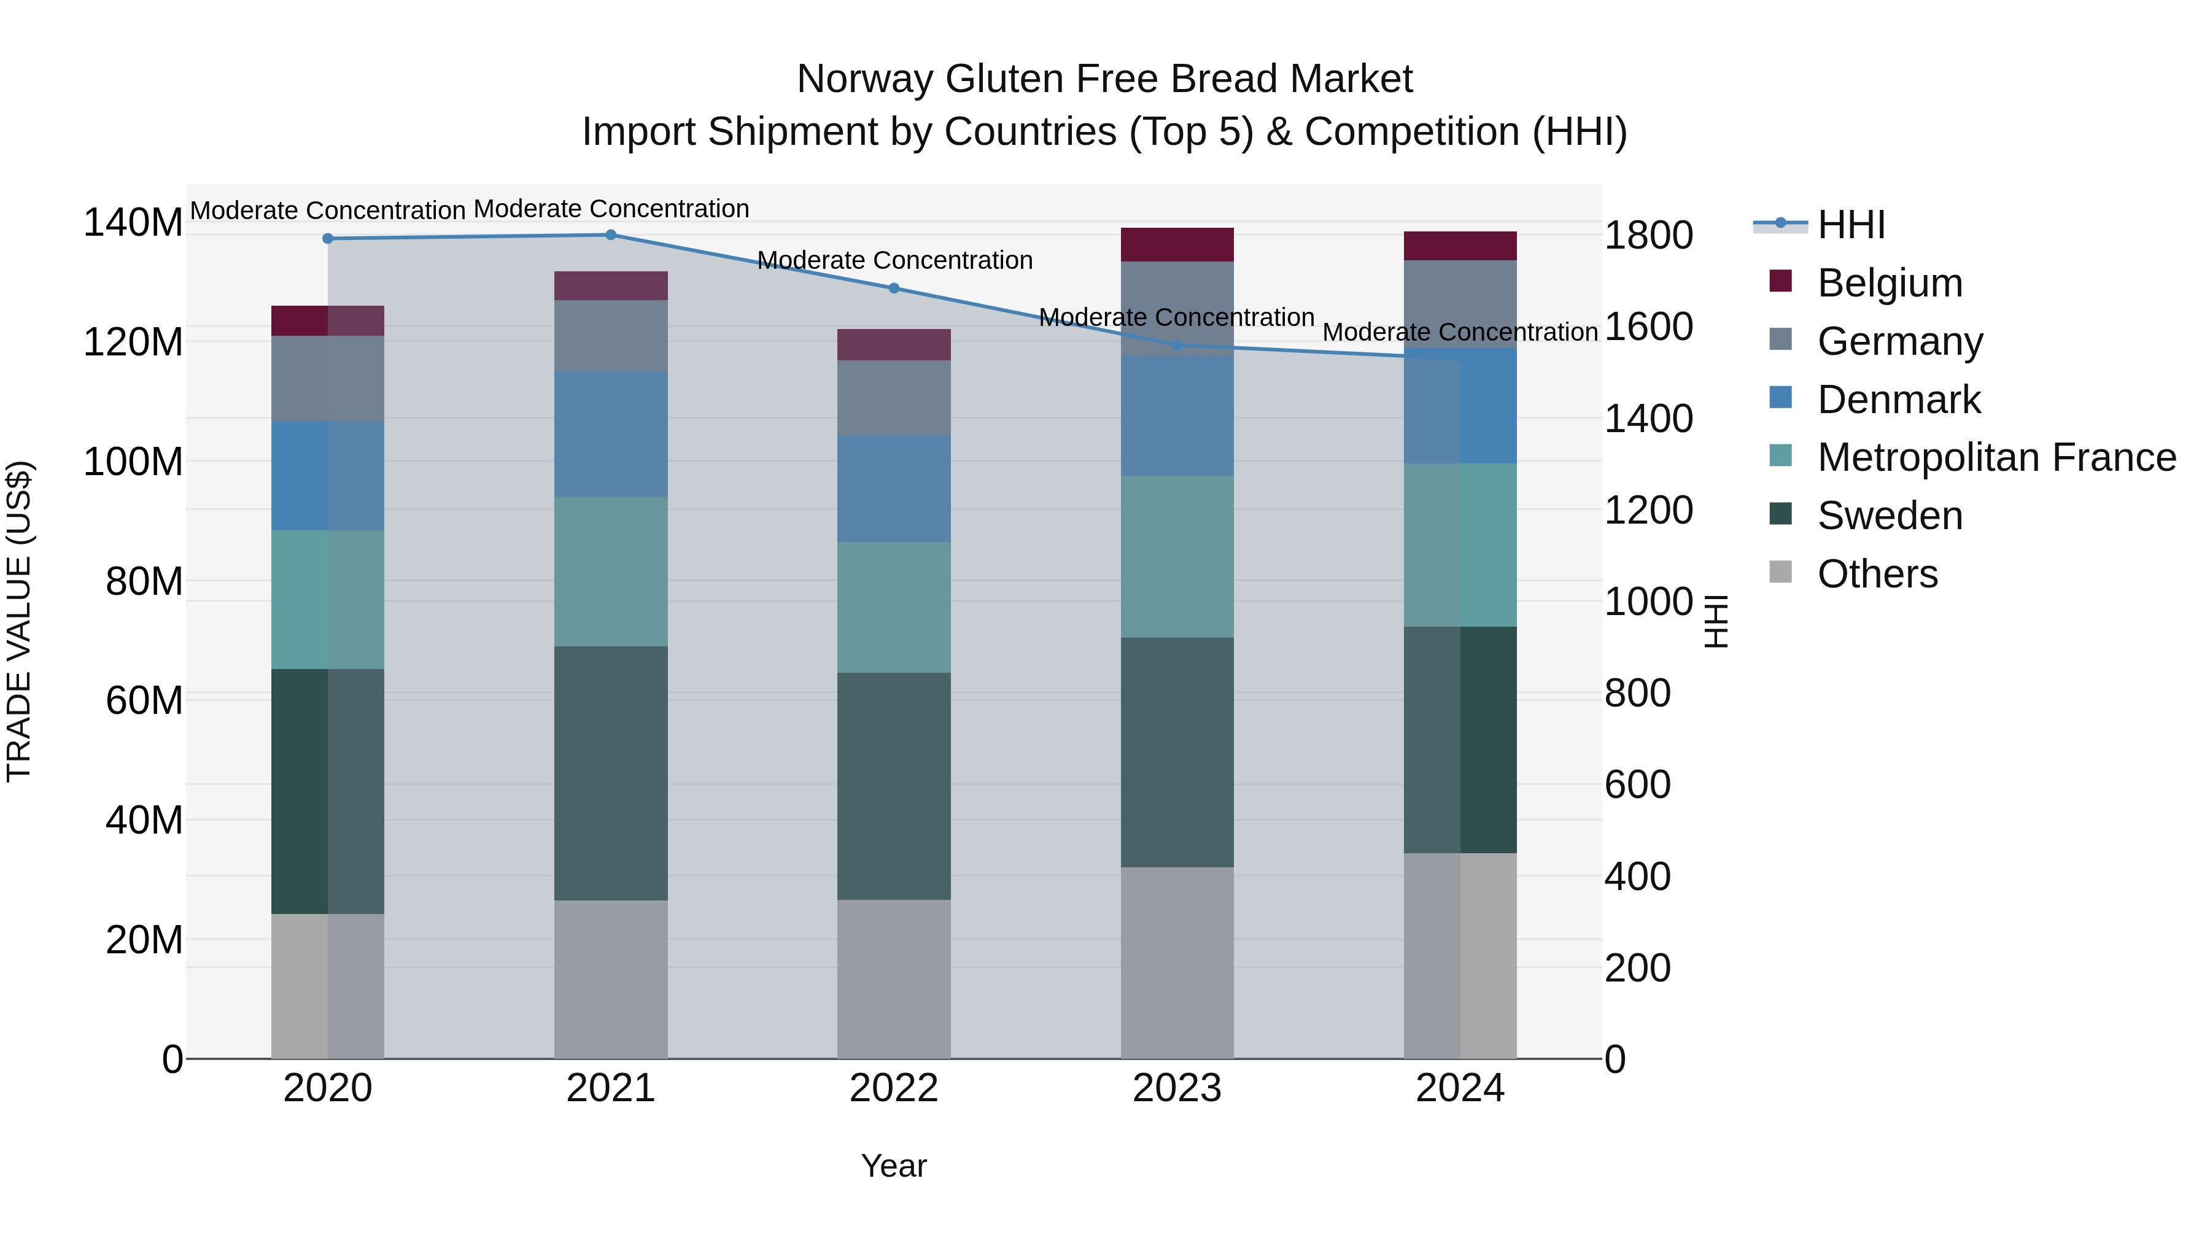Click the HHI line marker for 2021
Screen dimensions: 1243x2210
click(611, 235)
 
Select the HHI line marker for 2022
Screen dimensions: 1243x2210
click(894, 288)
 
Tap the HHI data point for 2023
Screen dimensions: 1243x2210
click(1177, 346)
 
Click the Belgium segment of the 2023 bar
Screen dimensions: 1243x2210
click(1177, 244)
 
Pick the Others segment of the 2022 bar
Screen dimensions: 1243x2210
click(894, 979)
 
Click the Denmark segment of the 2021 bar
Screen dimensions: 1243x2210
click(611, 434)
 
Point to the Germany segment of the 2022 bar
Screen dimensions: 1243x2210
click(894, 397)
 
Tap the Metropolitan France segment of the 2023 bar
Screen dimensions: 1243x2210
click(1177, 557)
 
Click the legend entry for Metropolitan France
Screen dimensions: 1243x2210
click(1996, 457)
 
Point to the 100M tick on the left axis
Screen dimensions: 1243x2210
click(133, 462)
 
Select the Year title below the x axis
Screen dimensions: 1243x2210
click(893, 1166)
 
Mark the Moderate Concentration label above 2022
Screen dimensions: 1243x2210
click(894, 260)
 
